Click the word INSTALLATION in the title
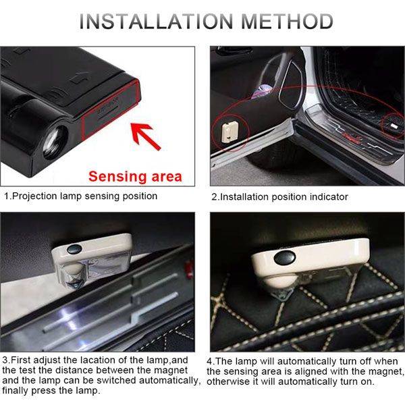(x=157, y=21)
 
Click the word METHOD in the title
(x=288, y=21)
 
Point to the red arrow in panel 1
(x=145, y=136)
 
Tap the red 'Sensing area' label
(x=136, y=177)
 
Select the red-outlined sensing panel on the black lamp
(x=111, y=110)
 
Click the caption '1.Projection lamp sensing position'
(x=81, y=196)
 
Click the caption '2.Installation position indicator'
(x=279, y=197)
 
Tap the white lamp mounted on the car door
(x=229, y=132)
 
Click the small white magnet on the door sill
(x=394, y=126)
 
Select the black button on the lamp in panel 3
(x=74, y=248)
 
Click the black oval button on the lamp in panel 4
(x=285, y=258)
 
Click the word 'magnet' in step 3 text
(x=171, y=371)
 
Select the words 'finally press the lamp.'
(x=51, y=391)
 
